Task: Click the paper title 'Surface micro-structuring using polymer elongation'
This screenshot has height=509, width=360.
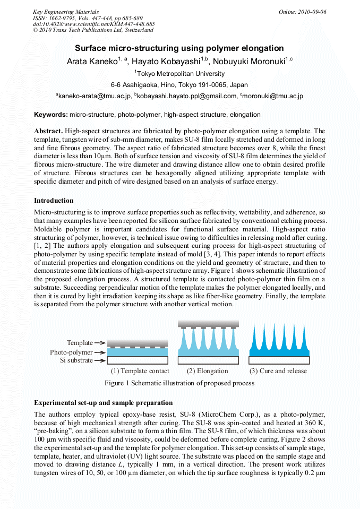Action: point(179,48)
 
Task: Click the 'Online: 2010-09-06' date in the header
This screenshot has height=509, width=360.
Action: point(302,12)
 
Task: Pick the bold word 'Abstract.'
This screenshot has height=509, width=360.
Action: point(49,131)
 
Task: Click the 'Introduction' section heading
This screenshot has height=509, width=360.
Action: point(54,201)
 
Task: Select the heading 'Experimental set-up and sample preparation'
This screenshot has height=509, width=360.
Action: point(103,403)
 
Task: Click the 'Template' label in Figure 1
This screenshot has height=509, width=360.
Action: point(80,343)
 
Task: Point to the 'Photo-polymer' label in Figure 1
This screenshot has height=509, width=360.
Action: point(71,352)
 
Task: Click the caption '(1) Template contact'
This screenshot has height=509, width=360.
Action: point(140,371)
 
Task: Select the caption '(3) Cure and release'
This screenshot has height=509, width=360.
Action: point(278,371)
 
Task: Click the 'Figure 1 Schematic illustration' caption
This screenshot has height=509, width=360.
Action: point(179,383)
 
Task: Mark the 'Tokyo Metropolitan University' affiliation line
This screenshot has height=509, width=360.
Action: point(179,74)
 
